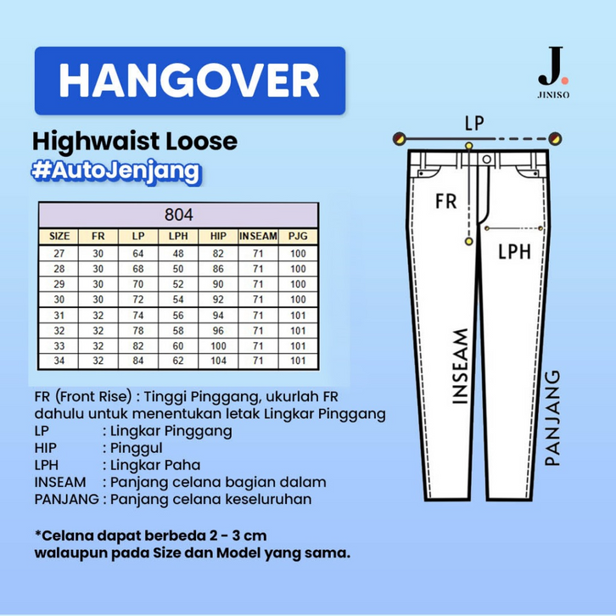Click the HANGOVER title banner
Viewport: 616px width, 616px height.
click(x=190, y=81)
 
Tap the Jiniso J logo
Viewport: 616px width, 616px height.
click(x=553, y=72)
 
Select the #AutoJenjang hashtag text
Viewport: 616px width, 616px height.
click(x=116, y=171)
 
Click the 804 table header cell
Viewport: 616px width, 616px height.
click(x=179, y=215)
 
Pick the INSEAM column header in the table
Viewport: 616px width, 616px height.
click(x=258, y=236)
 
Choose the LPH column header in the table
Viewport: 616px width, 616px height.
click(x=178, y=236)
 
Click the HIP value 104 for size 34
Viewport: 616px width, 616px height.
click(x=218, y=361)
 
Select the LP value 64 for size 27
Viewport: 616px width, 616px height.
click(x=138, y=254)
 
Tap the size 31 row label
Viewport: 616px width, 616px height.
click(x=59, y=315)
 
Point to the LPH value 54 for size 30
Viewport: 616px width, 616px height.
click(x=178, y=300)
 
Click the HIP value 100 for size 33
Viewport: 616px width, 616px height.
click(x=218, y=345)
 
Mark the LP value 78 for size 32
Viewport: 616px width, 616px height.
click(x=138, y=330)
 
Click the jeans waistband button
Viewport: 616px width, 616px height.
click(x=487, y=160)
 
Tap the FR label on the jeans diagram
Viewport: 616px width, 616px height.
click(x=446, y=201)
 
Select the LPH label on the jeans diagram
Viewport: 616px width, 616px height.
click(x=514, y=251)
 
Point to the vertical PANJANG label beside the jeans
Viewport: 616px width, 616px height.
click(x=552, y=418)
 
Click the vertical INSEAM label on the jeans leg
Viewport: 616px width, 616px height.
click(x=460, y=367)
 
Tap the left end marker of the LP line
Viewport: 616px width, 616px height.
click(x=399, y=138)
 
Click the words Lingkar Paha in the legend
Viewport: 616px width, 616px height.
click(x=155, y=465)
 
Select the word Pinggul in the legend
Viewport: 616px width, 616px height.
click(x=137, y=448)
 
